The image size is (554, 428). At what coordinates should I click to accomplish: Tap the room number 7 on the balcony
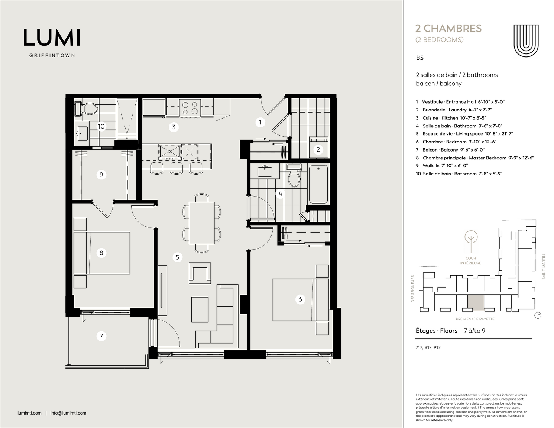[x=101, y=336]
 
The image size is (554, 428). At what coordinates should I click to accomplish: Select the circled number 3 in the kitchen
[x=174, y=127]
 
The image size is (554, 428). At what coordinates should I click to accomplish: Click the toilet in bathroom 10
[x=87, y=109]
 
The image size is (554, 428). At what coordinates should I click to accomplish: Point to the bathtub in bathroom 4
[x=318, y=184]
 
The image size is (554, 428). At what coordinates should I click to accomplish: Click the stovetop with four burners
[x=190, y=108]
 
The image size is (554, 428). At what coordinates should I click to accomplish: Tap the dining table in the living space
[x=202, y=223]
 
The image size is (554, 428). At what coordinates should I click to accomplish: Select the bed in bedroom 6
[x=301, y=299]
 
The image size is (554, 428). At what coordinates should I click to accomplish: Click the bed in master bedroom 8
[x=101, y=253]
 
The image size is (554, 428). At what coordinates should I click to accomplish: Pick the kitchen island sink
[x=169, y=152]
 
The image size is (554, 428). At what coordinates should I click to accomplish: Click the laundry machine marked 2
[x=318, y=147]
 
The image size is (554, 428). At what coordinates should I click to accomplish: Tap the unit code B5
[x=419, y=58]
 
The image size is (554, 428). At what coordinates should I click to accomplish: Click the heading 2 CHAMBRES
[x=448, y=29]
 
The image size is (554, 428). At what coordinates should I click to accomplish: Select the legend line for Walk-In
[x=442, y=166]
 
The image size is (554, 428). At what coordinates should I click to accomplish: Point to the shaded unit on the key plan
[x=476, y=303]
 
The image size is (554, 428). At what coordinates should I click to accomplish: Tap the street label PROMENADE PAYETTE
[x=475, y=319]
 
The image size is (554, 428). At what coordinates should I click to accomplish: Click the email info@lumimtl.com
[x=68, y=413]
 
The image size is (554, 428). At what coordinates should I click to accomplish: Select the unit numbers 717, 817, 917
[x=428, y=347]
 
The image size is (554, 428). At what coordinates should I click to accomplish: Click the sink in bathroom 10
[x=82, y=133]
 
